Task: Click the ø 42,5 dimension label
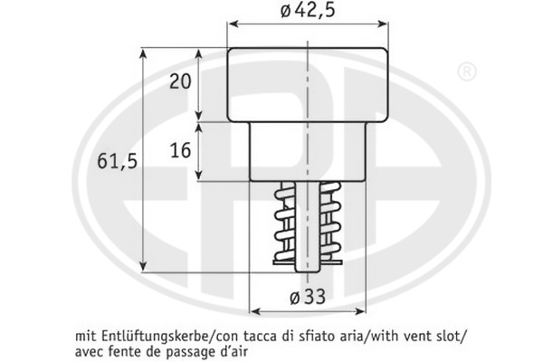tap(308, 11)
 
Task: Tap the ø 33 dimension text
tap(308, 297)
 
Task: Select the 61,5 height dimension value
tap(118, 161)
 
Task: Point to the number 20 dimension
tap(180, 81)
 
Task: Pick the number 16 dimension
tap(180, 151)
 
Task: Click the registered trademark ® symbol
tap(467, 72)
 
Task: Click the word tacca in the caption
tap(258, 336)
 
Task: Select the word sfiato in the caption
tap(311, 336)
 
